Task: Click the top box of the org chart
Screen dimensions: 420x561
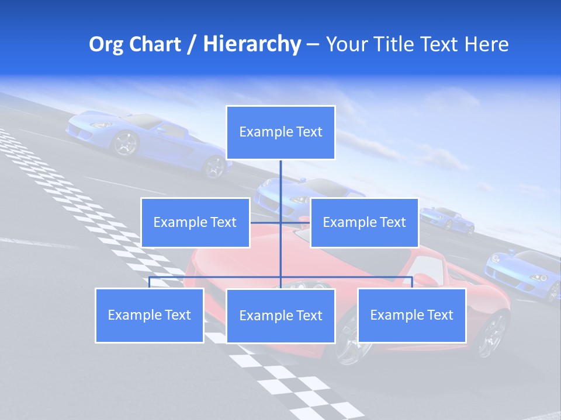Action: point(280,132)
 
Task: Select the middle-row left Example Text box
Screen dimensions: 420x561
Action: point(195,222)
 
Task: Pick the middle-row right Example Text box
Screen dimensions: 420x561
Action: point(364,222)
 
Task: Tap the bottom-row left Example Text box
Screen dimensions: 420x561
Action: point(150,315)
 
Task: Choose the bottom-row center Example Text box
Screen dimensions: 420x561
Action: point(280,316)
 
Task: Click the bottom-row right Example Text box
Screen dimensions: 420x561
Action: point(411,315)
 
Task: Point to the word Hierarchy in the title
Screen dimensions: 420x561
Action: point(251,44)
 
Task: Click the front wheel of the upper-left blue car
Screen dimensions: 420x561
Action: point(124,143)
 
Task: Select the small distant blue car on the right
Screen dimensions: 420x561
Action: point(448,219)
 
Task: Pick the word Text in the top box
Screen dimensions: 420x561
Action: point(309,132)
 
